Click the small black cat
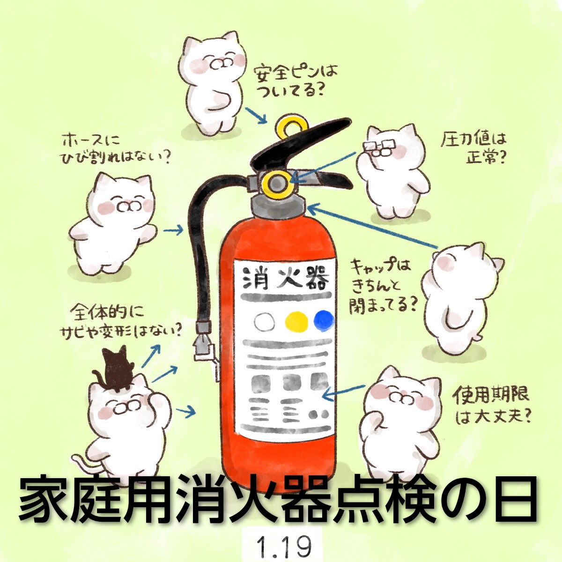point(115,369)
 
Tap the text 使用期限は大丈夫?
point(491,404)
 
